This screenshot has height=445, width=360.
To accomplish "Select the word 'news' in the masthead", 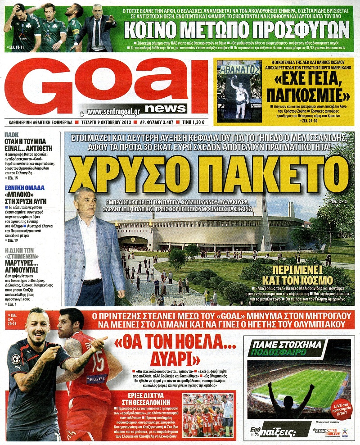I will coord(165,108).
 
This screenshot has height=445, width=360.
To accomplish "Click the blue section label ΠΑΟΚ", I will coord(12,135).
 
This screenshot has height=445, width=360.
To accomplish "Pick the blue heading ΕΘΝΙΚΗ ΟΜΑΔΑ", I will coord(25,188).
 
